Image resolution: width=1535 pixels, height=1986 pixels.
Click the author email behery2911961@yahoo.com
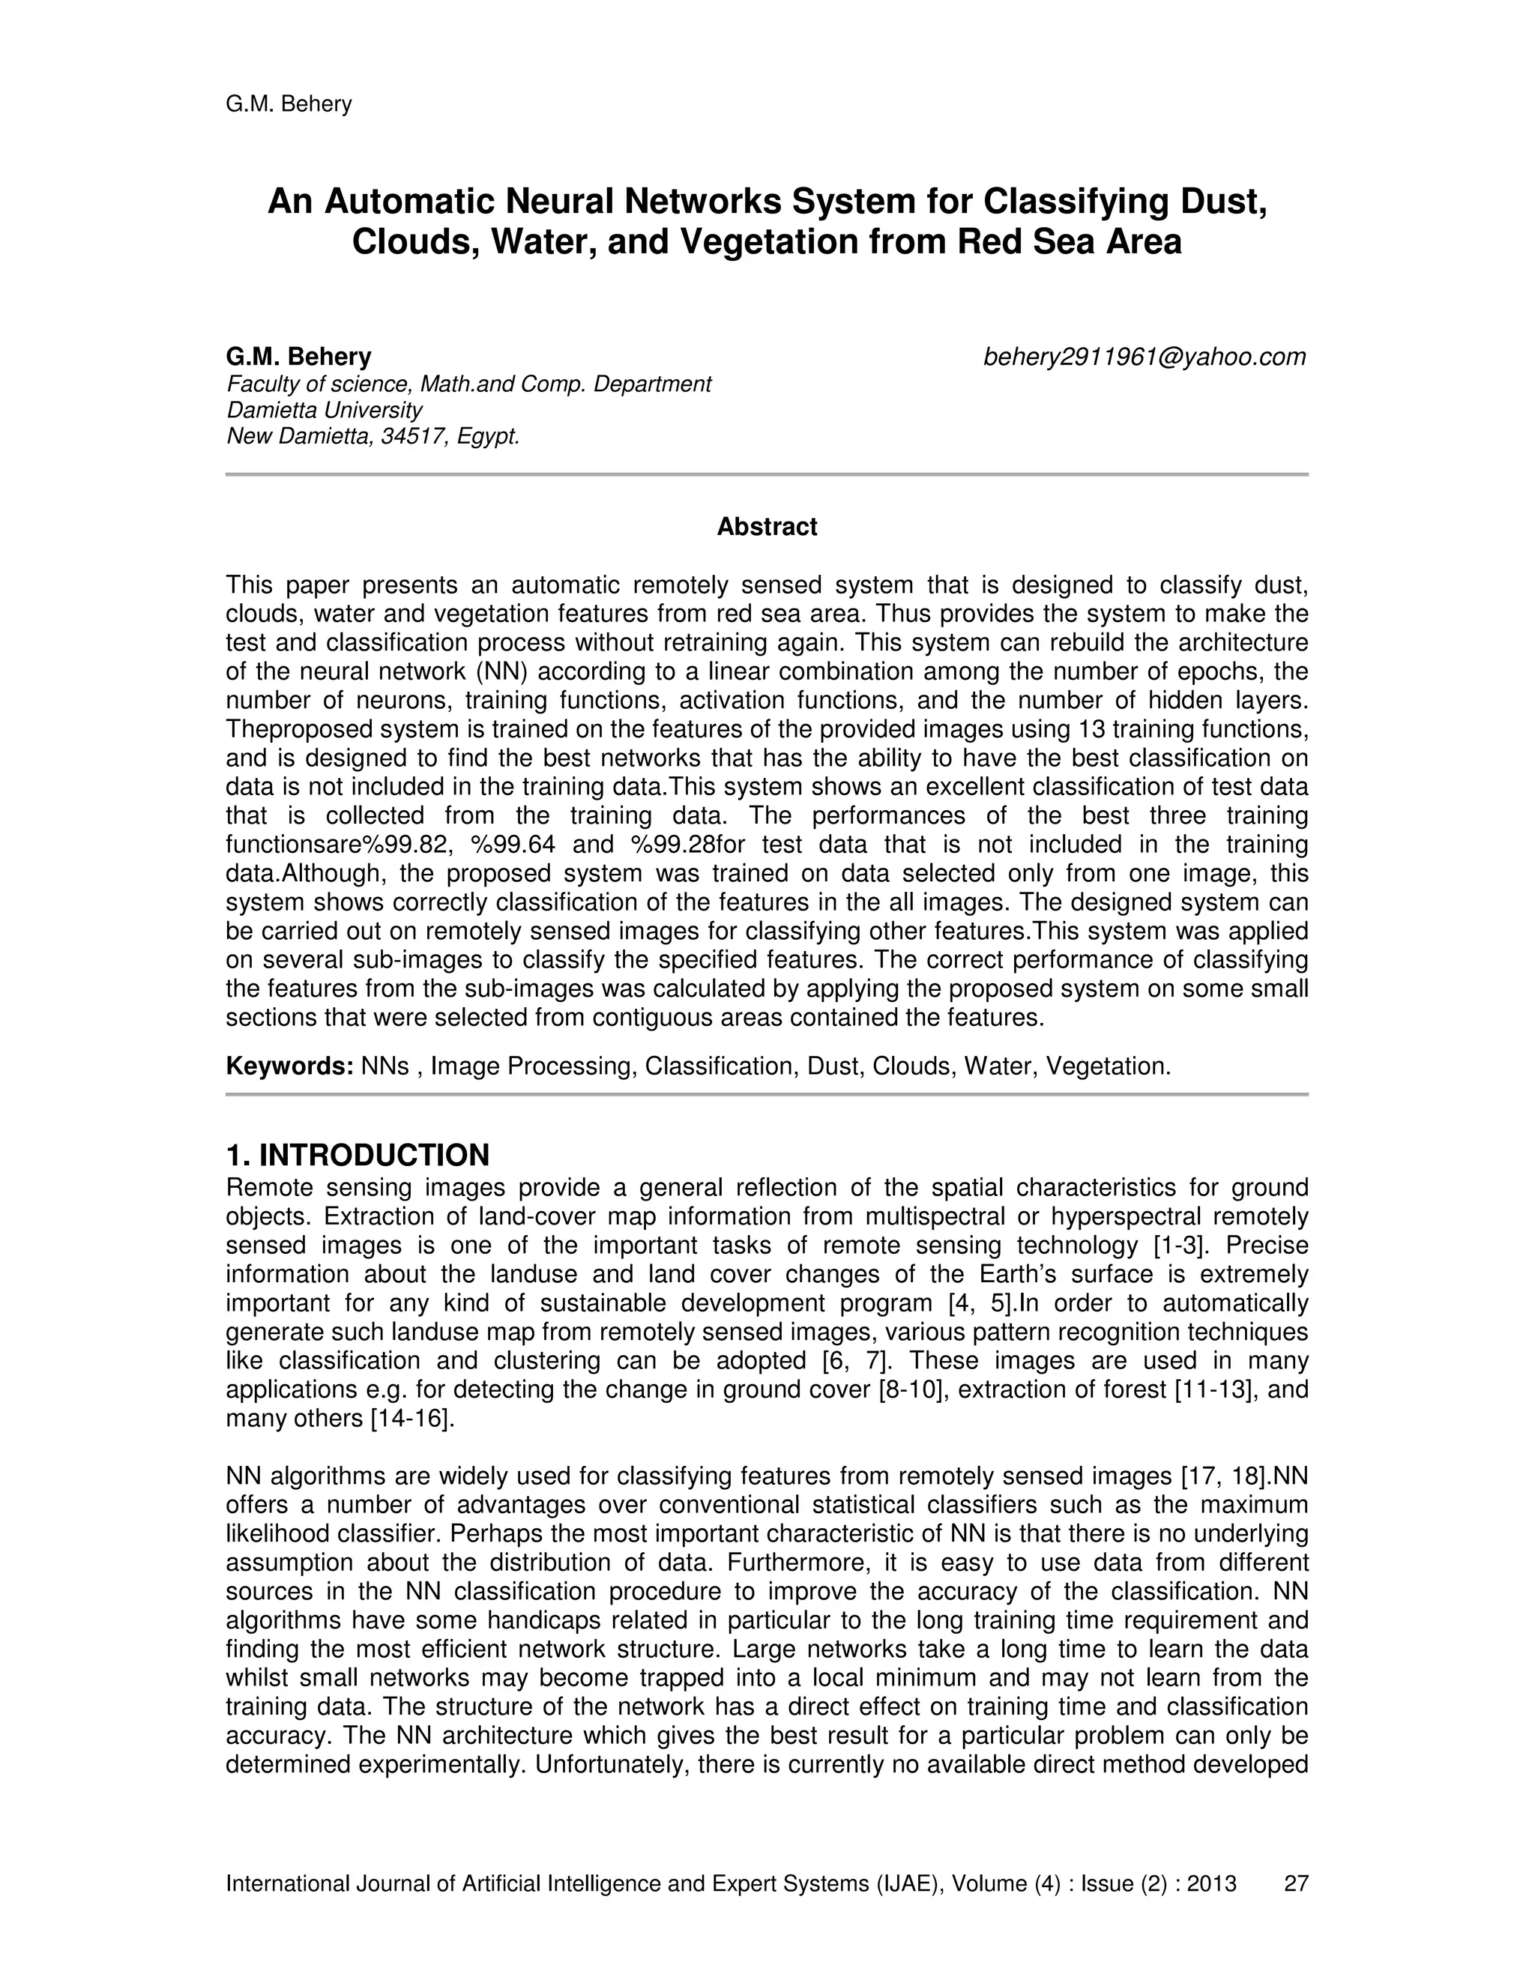[x=1144, y=357]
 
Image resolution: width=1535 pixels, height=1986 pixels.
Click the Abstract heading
[x=767, y=527]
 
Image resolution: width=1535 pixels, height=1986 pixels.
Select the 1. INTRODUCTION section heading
[x=358, y=1155]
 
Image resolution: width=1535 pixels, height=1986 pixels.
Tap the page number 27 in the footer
[x=1295, y=1883]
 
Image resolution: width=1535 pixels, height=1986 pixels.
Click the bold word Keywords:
[x=289, y=1066]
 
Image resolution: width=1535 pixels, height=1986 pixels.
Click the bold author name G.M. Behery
[x=298, y=357]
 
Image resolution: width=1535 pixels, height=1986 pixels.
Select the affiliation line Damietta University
[x=325, y=410]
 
